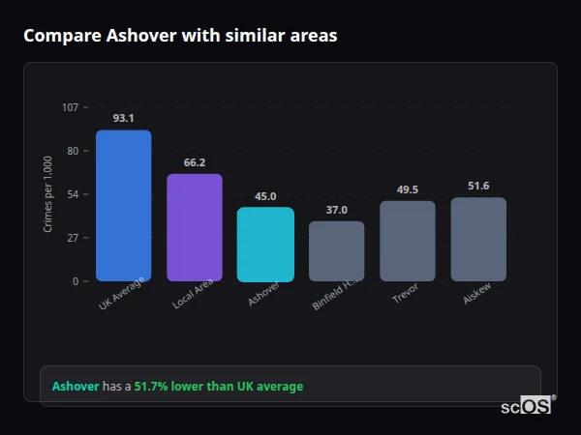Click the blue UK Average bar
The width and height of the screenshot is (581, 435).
(x=123, y=206)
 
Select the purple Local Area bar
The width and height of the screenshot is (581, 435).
(x=195, y=228)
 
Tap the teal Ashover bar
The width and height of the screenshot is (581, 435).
(x=265, y=245)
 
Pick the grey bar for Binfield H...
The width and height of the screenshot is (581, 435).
(x=337, y=251)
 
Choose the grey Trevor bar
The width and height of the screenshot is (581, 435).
(x=408, y=242)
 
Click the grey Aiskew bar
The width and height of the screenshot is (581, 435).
(x=478, y=240)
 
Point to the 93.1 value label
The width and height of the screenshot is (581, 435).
(x=123, y=118)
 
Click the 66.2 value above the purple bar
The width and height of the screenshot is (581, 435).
(x=195, y=162)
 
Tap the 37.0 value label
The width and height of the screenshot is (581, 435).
(x=337, y=210)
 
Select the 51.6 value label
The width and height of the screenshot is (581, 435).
(x=478, y=186)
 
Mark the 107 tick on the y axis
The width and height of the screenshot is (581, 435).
(x=70, y=106)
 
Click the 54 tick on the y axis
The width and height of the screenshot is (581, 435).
(x=72, y=194)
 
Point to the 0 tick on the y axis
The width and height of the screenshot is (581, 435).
(x=75, y=281)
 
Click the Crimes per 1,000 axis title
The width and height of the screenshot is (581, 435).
(x=48, y=194)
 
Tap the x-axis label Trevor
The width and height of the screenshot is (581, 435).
(x=405, y=294)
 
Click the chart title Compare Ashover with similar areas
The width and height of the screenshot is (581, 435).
(x=180, y=36)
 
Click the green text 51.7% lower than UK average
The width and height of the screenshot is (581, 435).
(x=218, y=387)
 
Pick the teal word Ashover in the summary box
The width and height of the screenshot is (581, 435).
(x=76, y=387)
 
